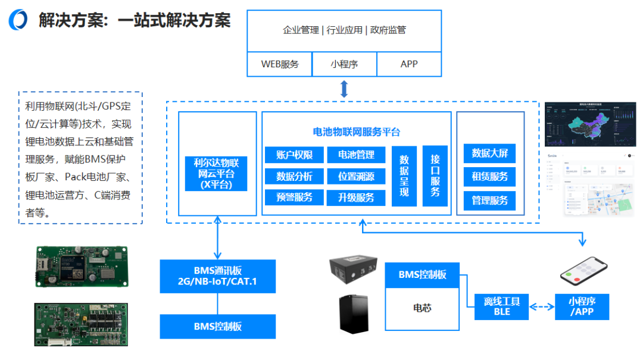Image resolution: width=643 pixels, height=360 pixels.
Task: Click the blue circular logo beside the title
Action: coord(18,20)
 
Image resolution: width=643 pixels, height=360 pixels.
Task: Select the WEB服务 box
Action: coord(280,64)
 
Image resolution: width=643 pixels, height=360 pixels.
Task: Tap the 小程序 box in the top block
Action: coord(344,64)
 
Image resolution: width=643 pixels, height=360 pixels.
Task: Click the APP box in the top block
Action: coord(409,64)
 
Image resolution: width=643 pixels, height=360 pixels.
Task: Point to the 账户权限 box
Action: coord(294,155)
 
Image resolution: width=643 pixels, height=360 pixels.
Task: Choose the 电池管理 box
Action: coord(356,155)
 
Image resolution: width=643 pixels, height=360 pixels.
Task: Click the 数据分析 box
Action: coord(294,176)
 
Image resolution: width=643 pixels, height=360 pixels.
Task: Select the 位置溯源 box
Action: coord(356,176)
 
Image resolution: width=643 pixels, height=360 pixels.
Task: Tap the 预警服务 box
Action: coord(294,197)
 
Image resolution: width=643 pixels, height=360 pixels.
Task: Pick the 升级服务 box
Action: coord(356,198)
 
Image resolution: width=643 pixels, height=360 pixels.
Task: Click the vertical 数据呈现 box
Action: coord(404,176)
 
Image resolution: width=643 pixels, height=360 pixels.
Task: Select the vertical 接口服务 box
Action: coord(435,176)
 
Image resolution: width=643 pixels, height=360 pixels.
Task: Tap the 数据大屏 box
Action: coord(489,153)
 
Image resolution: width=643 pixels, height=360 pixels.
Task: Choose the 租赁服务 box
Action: coord(489,176)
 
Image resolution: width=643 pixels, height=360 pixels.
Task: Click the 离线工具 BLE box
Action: coord(501,306)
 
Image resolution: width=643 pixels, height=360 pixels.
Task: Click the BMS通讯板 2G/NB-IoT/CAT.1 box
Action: coord(218,276)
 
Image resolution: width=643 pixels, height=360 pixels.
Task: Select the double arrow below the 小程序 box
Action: coord(344,89)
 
